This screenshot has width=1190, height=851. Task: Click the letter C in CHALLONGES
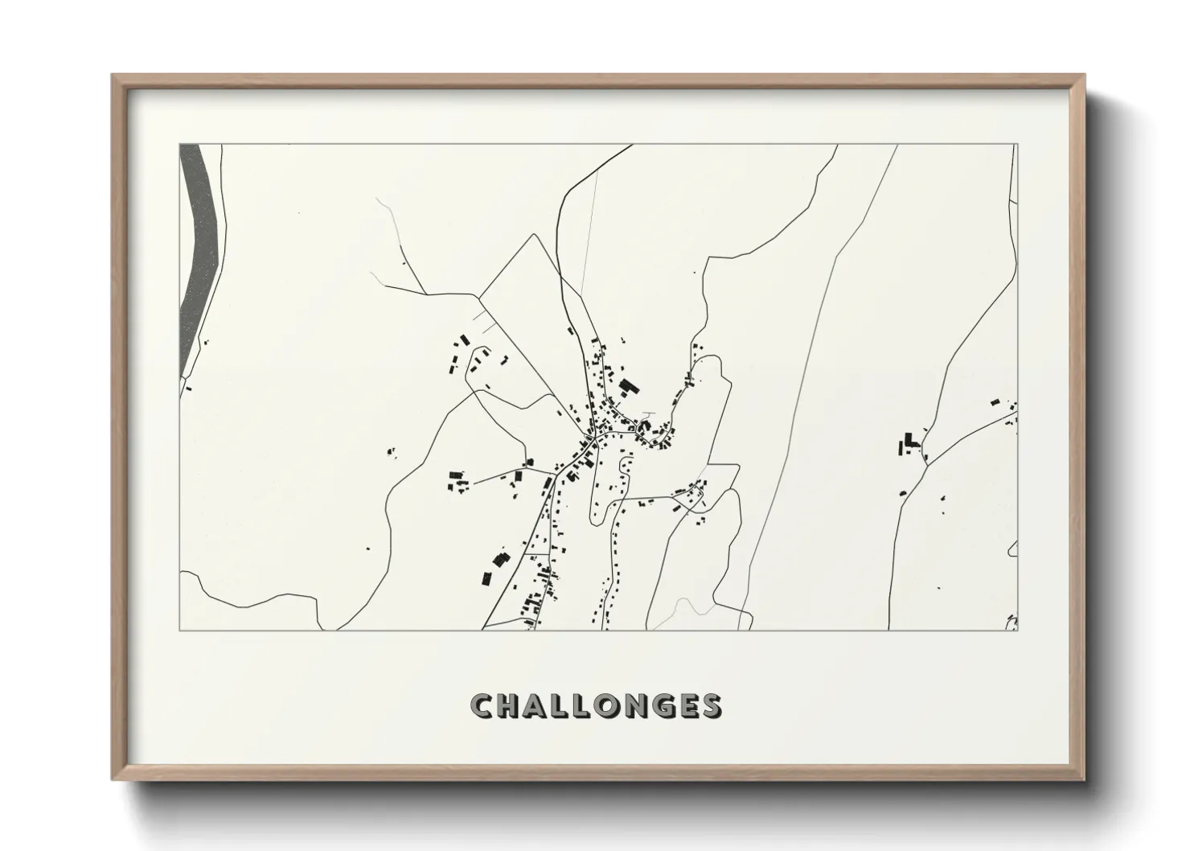tap(484, 705)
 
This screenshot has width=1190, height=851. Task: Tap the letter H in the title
tap(511, 705)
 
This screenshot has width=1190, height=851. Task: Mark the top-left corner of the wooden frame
tap(113, 76)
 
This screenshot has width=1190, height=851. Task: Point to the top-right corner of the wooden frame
tap(1083, 76)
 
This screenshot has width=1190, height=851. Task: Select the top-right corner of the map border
tap(1017, 145)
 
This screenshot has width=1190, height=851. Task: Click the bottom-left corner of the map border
tap(180, 630)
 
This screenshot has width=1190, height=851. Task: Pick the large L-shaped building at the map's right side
tap(909, 442)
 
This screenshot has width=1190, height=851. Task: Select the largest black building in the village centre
tap(627, 387)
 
